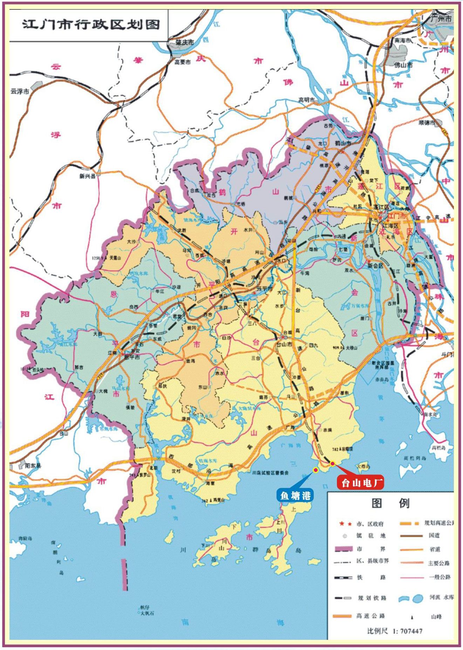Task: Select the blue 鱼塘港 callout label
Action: click(x=295, y=495)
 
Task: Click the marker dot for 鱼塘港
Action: click(x=316, y=470)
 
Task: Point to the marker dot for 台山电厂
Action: click(x=332, y=464)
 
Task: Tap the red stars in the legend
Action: click(x=346, y=524)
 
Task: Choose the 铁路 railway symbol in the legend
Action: click(x=343, y=578)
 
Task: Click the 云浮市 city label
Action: click(x=19, y=91)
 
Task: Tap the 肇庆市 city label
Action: click(x=185, y=42)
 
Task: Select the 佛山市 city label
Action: click(x=403, y=65)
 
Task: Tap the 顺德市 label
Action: click(x=427, y=123)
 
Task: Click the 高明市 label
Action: click(x=307, y=100)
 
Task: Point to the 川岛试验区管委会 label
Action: click(x=270, y=473)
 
